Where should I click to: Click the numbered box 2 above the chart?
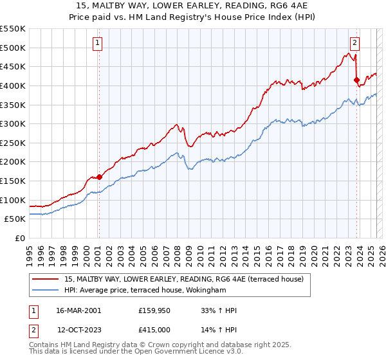(354, 43)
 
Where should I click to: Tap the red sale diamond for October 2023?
(356, 80)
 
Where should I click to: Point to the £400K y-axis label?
(12, 85)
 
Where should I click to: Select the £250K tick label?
(12, 143)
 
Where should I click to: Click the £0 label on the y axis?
(19, 238)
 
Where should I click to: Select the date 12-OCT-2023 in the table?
(78, 330)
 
